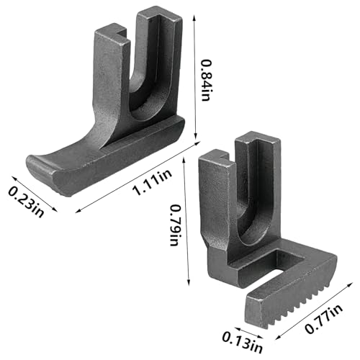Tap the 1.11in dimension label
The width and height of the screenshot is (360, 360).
coord(153,182)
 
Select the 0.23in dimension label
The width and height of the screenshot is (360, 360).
coord(26,202)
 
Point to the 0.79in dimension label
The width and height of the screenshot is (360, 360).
coord(175,225)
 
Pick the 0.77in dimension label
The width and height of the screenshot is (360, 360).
coord(324,318)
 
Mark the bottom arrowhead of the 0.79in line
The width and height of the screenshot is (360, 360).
coord(189,282)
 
